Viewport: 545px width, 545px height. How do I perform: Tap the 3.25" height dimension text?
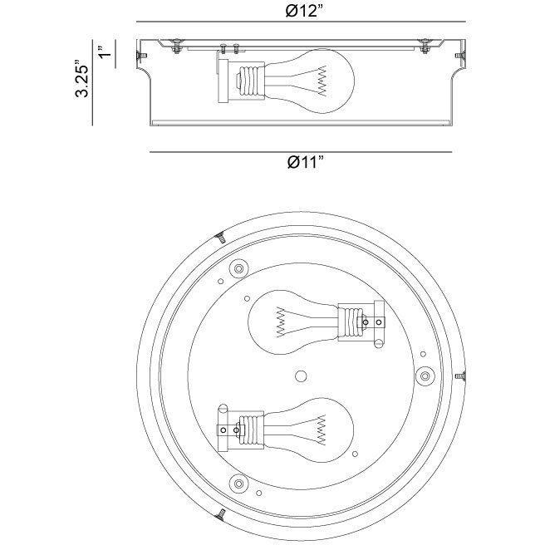coord(82,79)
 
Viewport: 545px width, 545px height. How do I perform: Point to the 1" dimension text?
coord(105,52)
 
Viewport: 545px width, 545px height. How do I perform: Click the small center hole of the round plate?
coord(301,376)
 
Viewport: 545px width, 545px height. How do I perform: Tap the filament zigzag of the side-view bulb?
coord(322,81)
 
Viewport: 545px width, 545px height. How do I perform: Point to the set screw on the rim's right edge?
coord(460,376)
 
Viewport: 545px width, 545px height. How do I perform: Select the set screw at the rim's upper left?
coord(220,238)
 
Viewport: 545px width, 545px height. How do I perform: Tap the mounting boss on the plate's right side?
coord(425,376)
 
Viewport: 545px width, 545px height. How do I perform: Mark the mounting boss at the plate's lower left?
coord(238,484)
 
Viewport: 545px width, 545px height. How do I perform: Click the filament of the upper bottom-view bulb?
coord(281,322)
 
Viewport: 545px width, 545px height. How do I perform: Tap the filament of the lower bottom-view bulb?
coord(322,430)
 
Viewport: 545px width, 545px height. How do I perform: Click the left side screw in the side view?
coord(142,56)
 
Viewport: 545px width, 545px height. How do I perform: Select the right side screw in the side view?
coord(460,56)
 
